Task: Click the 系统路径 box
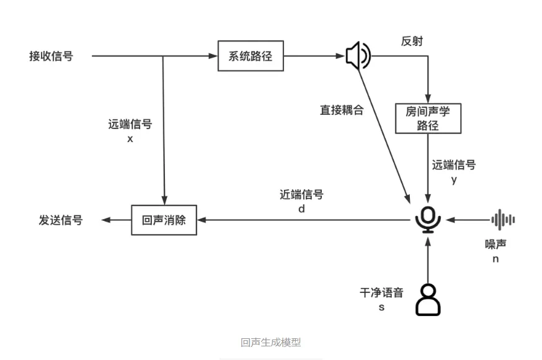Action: coord(251,56)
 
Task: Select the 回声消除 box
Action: coord(164,220)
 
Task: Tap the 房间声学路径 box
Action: coord(428,118)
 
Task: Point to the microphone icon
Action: coord(428,220)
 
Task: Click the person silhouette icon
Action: coord(427,299)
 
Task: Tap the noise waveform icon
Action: coord(503,220)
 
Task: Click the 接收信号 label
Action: coord(51,56)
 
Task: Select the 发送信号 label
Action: coord(61,220)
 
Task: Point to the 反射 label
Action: coord(412,42)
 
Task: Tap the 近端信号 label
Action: coord(301,195)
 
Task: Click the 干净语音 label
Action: coord(381,293)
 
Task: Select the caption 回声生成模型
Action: coord(271,342)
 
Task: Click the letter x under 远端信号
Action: coord(130,139)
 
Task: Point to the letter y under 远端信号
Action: coord(454,180)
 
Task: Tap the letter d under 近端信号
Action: coord(301,209)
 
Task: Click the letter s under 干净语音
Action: coord(381,307)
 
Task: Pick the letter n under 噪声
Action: coord(495,259)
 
